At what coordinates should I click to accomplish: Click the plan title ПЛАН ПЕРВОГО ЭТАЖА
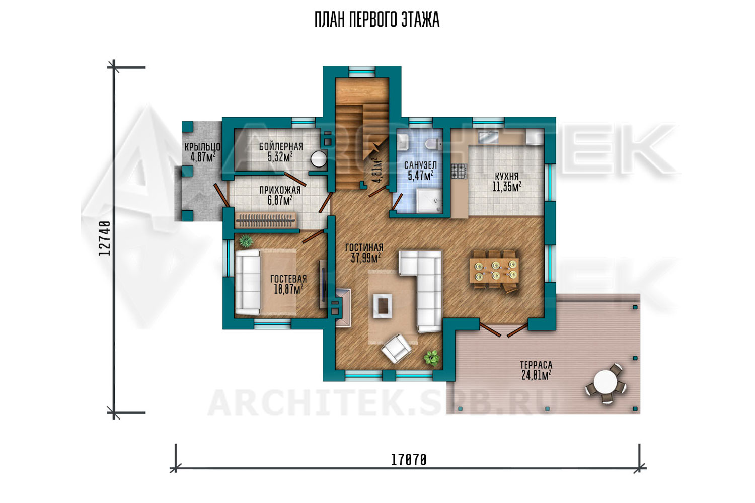tap(377, 20)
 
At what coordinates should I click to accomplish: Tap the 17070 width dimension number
tap(409, 460)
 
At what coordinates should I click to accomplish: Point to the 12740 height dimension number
tap(105, 238)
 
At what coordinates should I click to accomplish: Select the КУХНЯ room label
tap(506, 176)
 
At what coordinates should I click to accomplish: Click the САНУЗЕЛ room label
tap(420, 165)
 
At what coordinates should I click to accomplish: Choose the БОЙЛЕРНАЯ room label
tap(281, 146)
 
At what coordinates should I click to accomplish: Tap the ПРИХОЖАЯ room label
tap(280, 190)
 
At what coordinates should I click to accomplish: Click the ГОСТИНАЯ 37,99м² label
tap(365, 253)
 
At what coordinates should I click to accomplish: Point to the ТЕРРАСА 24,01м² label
tap(536, 370)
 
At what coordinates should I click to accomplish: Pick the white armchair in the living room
tap(396, 349)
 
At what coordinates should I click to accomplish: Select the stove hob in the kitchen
tap(459, 171)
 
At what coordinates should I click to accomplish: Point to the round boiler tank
tap(318, 158)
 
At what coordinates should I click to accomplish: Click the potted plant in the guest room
tap(246, 241)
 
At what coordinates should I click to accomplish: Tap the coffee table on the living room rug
tap(383, 306)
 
